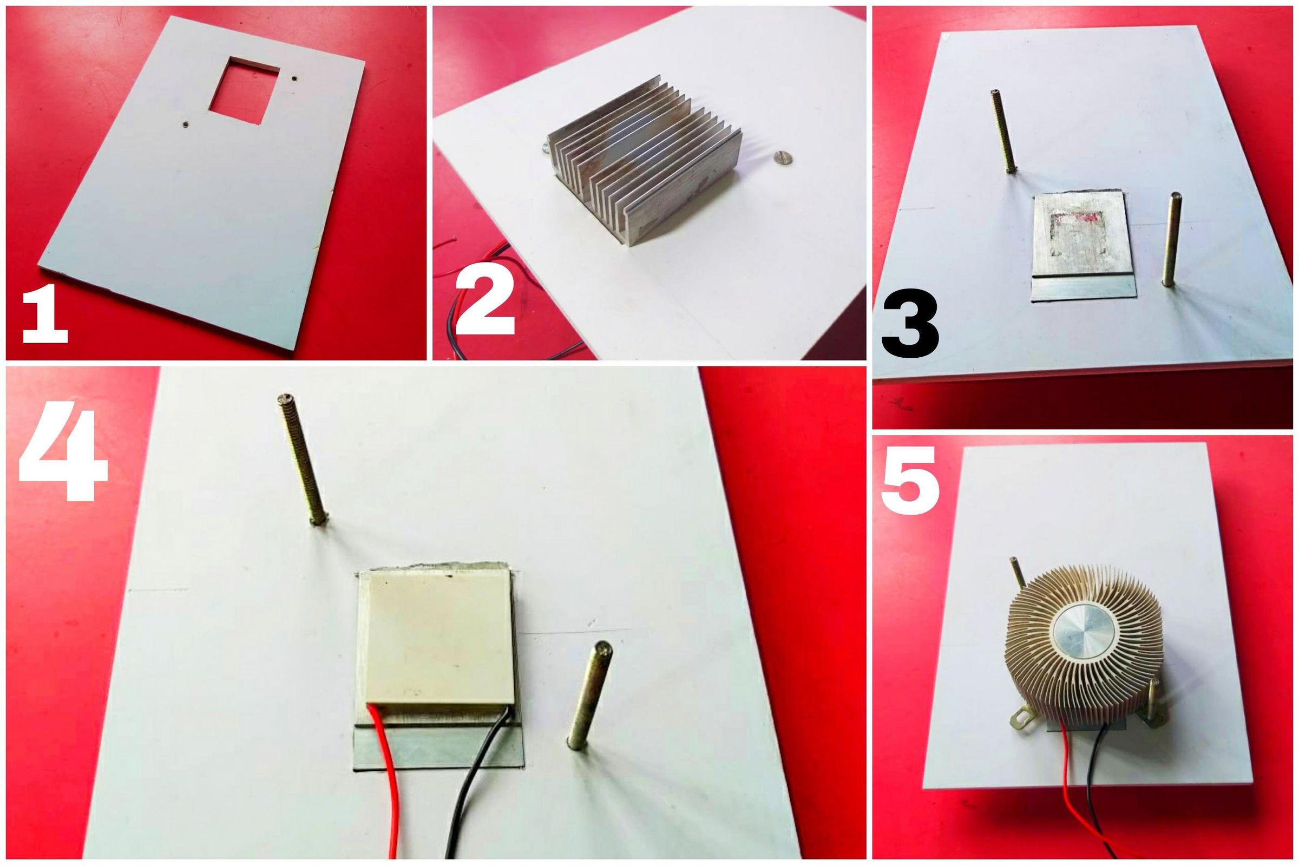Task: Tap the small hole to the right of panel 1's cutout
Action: coord(296,78)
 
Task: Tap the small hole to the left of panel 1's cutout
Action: coord(188,124)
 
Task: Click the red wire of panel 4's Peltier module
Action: coord(390,784)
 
